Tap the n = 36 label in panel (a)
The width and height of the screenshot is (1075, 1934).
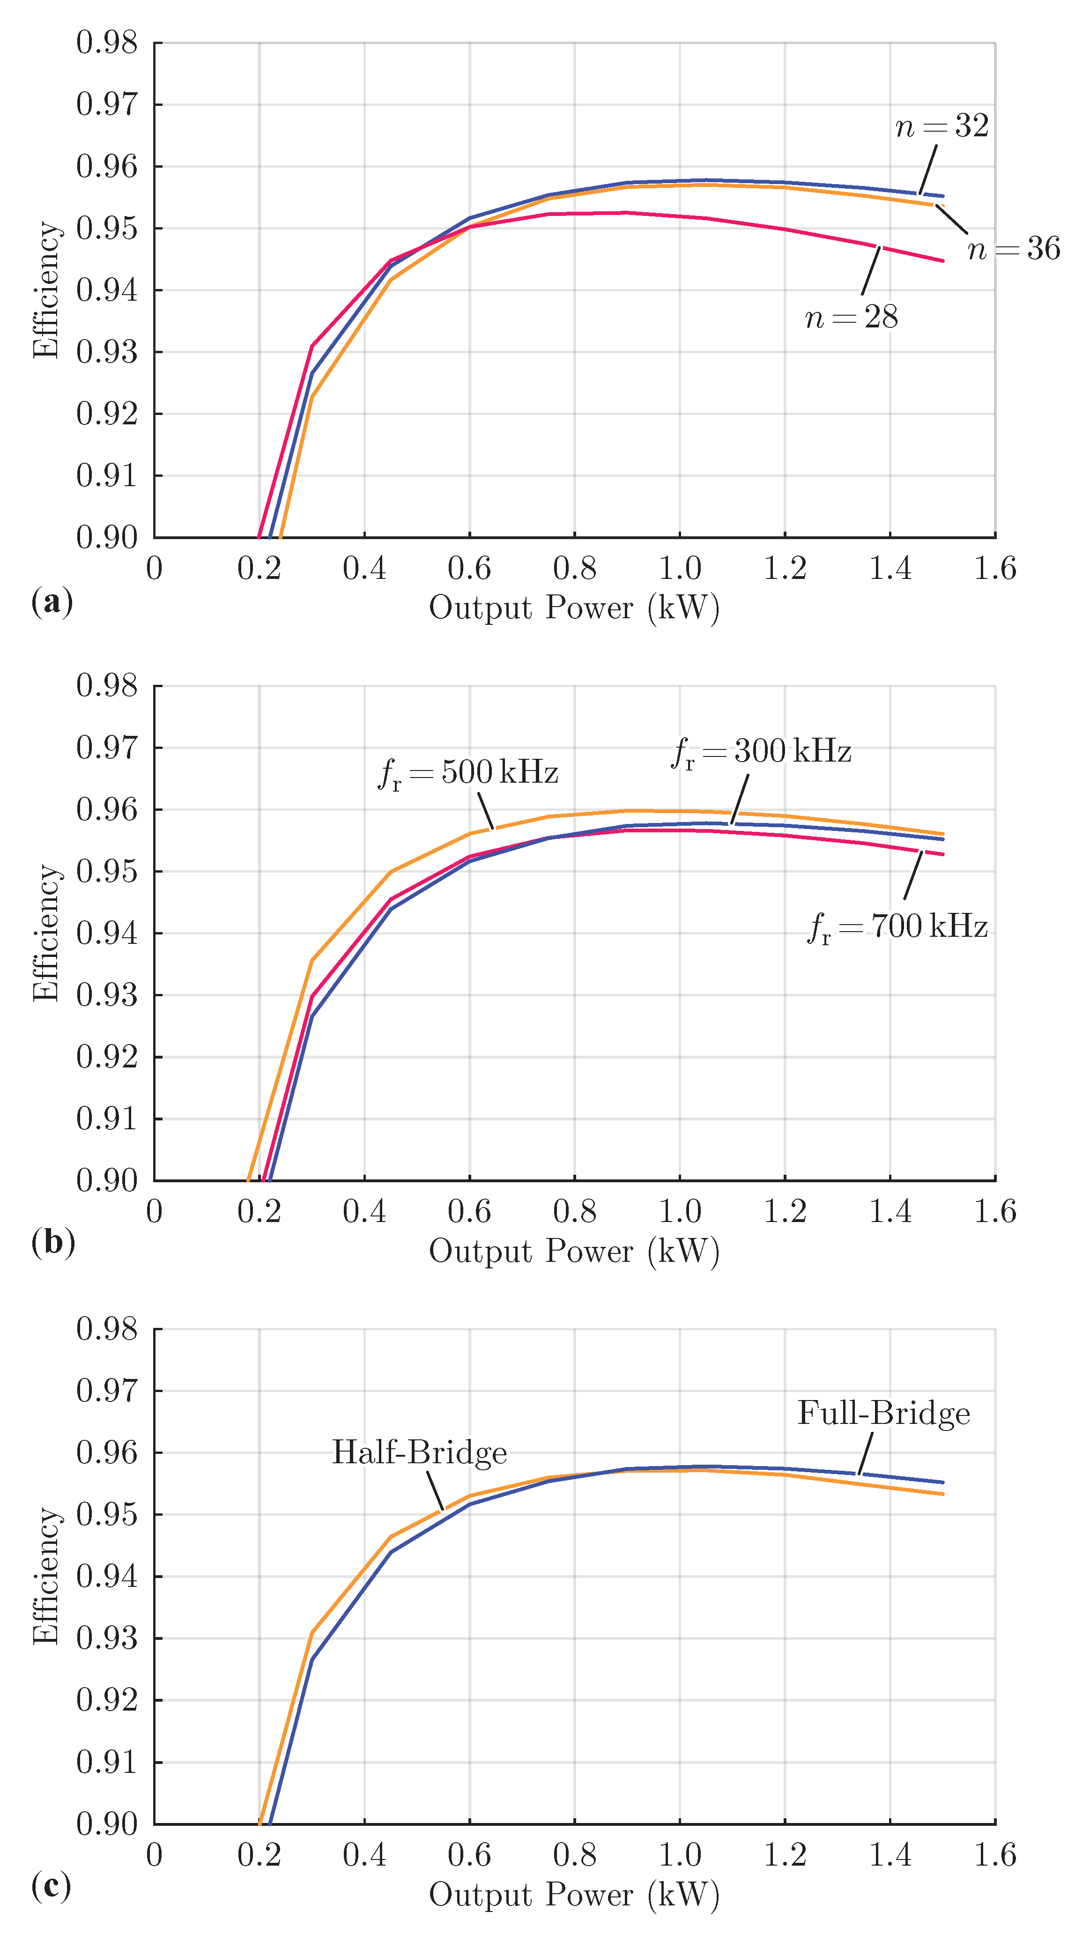tap(1014, 249)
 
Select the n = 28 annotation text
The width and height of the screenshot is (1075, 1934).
tap(851, 318)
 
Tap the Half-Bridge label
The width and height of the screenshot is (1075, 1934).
tap(419, 1453)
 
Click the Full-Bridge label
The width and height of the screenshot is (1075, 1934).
tap(883, 1414)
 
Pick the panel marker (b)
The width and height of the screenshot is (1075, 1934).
tap(52, 1243)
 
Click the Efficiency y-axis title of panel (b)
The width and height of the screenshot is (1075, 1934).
tap(46, 933)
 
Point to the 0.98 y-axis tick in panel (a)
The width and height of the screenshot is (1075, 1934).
tap(107, 43)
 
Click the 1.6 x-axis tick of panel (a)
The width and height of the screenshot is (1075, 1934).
tap(995, 568)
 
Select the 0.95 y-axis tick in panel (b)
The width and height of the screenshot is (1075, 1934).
tap(107, 872)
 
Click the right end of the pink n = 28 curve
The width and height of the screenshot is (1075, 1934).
tap(942, 260)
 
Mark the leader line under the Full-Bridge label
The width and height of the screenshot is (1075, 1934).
tap(866, 1453)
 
